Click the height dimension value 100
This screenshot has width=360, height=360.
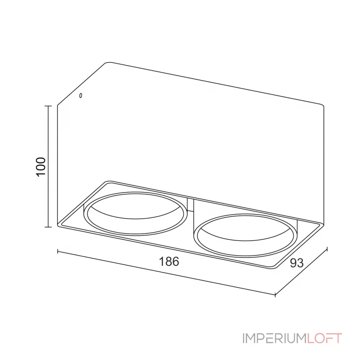41,166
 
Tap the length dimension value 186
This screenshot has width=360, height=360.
169,261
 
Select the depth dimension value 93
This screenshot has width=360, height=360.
297,263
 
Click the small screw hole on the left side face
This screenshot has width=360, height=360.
81,95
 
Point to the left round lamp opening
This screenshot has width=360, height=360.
135,213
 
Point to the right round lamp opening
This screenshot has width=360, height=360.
244,235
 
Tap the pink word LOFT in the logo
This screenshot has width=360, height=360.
324,338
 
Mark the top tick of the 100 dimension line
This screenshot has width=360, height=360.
48,106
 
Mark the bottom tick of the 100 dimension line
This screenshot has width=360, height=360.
48,227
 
